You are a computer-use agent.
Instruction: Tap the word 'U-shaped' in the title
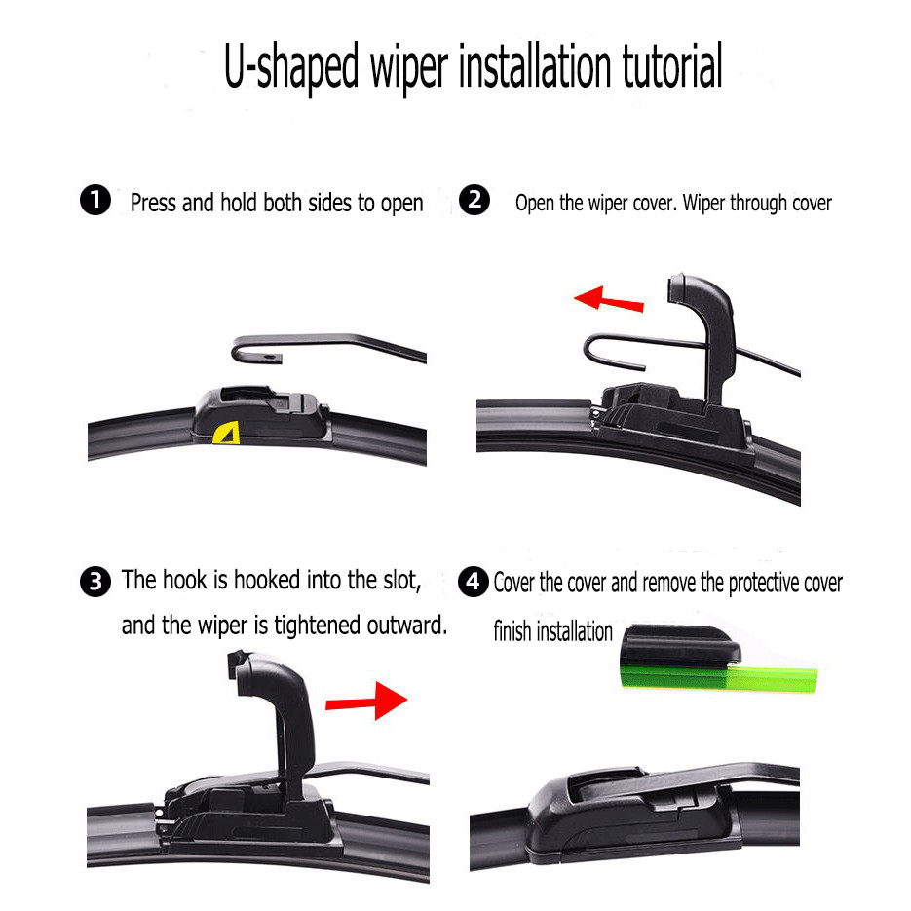point(291,68)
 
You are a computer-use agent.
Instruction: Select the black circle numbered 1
point(95,200)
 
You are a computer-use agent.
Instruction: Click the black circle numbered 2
point(474,200)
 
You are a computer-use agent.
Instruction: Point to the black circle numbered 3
point(95,582)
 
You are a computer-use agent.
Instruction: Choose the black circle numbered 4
point(473,582)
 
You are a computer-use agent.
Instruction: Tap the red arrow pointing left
point(608,298)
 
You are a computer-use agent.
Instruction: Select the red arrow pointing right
point(366,701)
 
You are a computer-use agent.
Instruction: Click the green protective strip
point(720,678)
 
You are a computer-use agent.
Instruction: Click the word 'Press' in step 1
point(153,203)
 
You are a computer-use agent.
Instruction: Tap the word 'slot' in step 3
point(402,580)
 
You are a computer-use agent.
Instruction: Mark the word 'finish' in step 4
point(512,631)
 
